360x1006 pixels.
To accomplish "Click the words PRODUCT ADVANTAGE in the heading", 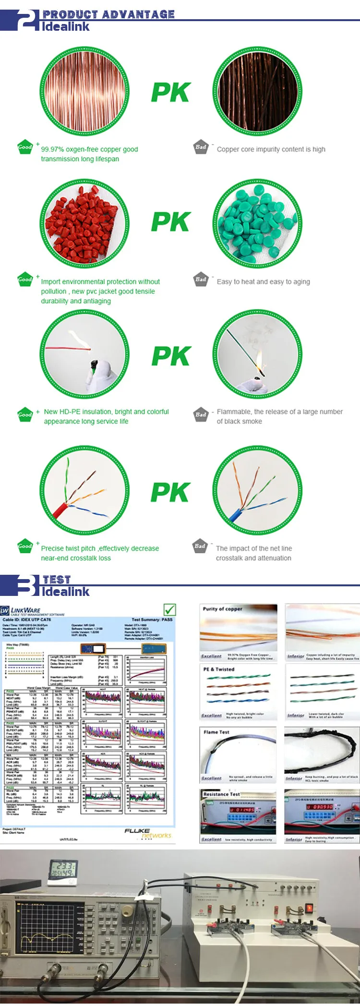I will tap(108, 14).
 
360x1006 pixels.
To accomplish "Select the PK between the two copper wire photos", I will tap(171, 92).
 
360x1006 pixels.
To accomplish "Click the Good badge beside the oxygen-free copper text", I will tap(25, 147).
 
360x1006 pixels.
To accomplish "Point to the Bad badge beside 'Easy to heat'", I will tap(201, 279).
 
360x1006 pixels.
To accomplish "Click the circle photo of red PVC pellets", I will tap(84, 224).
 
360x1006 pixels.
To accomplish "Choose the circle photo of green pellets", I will tap(257, 224).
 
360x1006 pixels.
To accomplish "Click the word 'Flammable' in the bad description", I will tap(234, 412).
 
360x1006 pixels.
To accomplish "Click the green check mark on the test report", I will tap(169, 609).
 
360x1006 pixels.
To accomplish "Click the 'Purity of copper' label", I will tap(222, 609).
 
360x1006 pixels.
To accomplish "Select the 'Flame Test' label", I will tap(216, 732).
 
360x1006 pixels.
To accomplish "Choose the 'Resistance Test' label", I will tap(221, 794).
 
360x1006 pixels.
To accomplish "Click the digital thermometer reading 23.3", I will tap(62, 872).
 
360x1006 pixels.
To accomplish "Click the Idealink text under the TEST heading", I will tap(66, 592).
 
